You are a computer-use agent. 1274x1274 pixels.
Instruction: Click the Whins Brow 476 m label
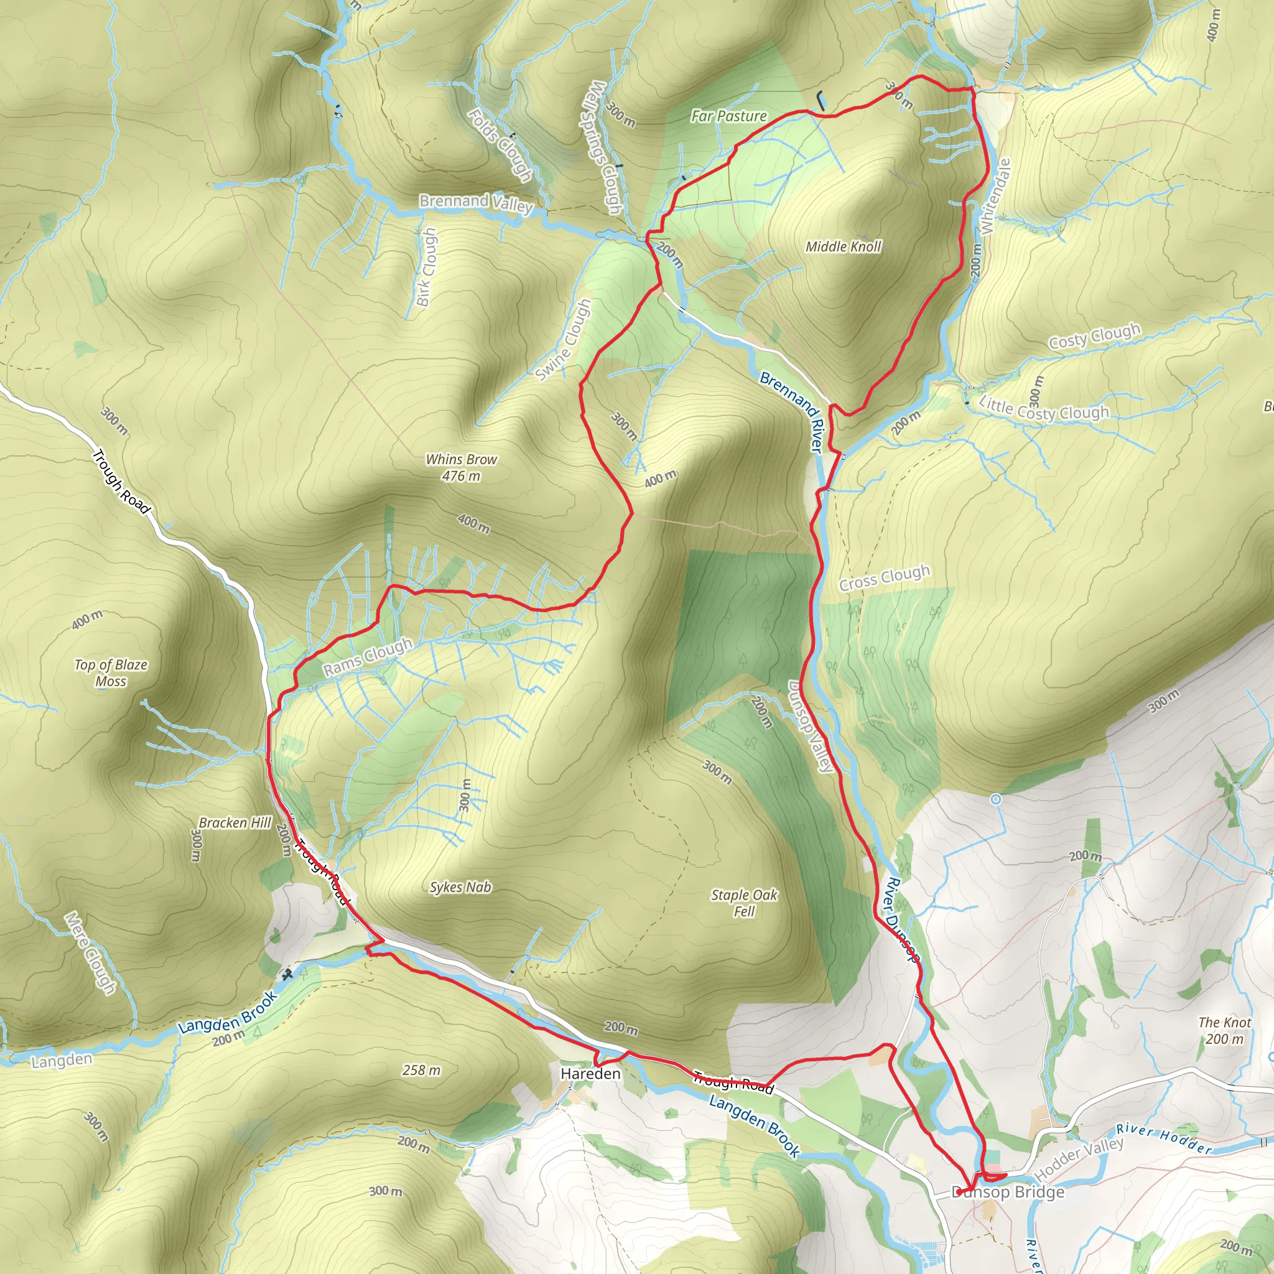(x=461, y=467)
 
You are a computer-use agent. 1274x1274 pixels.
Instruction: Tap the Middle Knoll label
(x=843, y=246)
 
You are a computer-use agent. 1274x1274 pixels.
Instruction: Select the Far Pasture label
(x=728, y=116)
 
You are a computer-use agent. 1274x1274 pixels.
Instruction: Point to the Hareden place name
(x=590, y=1074)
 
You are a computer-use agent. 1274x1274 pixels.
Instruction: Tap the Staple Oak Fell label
(x=744, y=903)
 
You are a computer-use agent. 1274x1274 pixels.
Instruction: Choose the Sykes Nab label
(x=460, y=888)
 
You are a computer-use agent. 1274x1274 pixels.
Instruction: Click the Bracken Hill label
(x=235, y=823)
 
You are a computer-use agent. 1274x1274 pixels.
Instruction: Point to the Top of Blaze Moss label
(x=111, y=672)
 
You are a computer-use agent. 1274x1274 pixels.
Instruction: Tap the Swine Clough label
(x=563, y=340)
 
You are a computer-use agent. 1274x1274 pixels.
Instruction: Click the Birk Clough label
(x=427, y=266)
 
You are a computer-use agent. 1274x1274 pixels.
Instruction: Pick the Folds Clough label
(x=500, y=145)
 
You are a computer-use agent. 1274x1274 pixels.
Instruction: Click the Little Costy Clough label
(x=1044, y=408)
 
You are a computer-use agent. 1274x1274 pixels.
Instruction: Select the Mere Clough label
(x=90, y=953)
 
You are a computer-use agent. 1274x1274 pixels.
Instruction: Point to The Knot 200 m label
(x=1224, y=1031)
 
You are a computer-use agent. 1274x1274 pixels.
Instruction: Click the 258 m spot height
(x=421, y=1070)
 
